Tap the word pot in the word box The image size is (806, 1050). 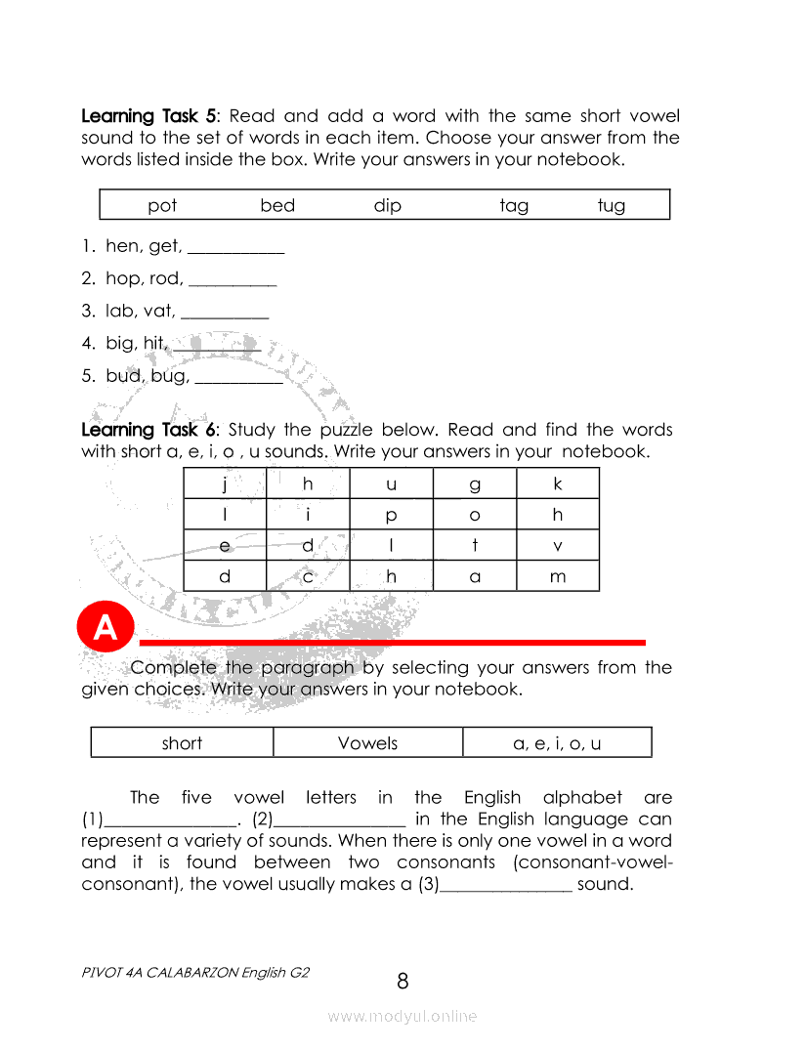coord(162,205)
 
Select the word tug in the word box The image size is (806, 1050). coord(612,205)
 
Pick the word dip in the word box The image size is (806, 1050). coord(387,205)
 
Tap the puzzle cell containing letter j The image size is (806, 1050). coord(225,483)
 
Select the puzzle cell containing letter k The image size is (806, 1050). coord(558,483)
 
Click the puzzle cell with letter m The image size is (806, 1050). coord(558,576)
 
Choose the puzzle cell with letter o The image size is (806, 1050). coord(475,515)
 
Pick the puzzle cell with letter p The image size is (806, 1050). coord(391,515)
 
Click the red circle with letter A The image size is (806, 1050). coord(105,628)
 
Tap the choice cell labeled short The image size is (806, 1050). coord(182,742)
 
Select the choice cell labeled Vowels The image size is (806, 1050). coord(367,742)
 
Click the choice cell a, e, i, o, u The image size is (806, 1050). coord(557,742)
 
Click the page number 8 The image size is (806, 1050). coord(403,981)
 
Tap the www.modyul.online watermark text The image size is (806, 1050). coord(403,1017)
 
